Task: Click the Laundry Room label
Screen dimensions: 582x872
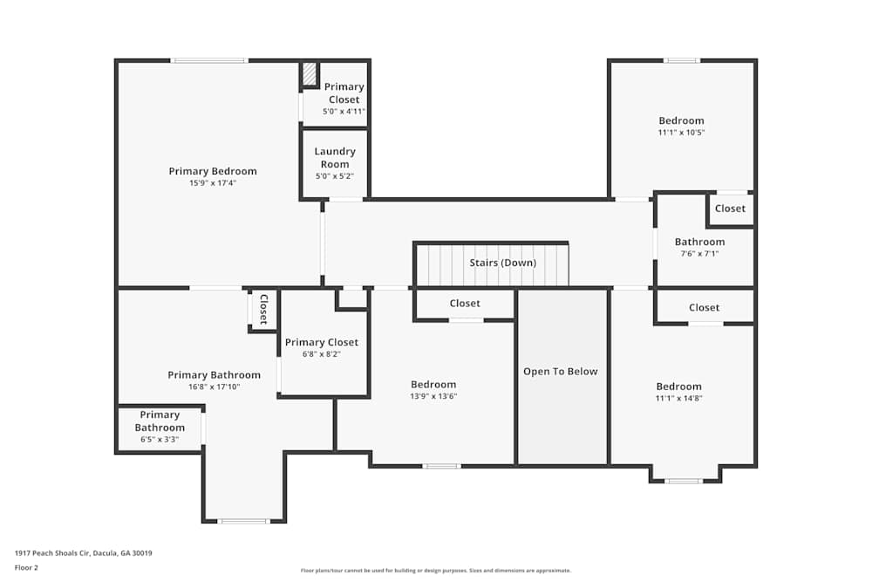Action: tap(335, 158)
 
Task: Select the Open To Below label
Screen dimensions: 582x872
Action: tap(561, 371)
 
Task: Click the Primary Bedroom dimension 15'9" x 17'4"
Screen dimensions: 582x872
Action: tap(213, 183)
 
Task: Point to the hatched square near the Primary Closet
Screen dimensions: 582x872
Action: tap(310, 74)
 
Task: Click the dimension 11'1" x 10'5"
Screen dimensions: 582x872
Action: tap(681, 133)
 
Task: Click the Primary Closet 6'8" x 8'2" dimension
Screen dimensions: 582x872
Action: tap(321, 355)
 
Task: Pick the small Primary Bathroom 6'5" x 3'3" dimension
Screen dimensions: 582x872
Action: tap(160, 439)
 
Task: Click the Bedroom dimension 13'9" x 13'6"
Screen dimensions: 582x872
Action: tap(433, 396)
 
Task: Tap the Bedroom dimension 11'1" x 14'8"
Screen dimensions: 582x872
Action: tap(678, 398)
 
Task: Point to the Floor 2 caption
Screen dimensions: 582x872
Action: tap(26, 567)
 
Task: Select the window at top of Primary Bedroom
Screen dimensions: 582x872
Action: tap(209, 60)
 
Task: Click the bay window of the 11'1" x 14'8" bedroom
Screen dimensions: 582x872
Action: tap(684, 481)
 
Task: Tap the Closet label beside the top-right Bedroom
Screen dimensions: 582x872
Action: tap(730, 209)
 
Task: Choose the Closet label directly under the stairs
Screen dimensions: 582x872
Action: tap(465, 304)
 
